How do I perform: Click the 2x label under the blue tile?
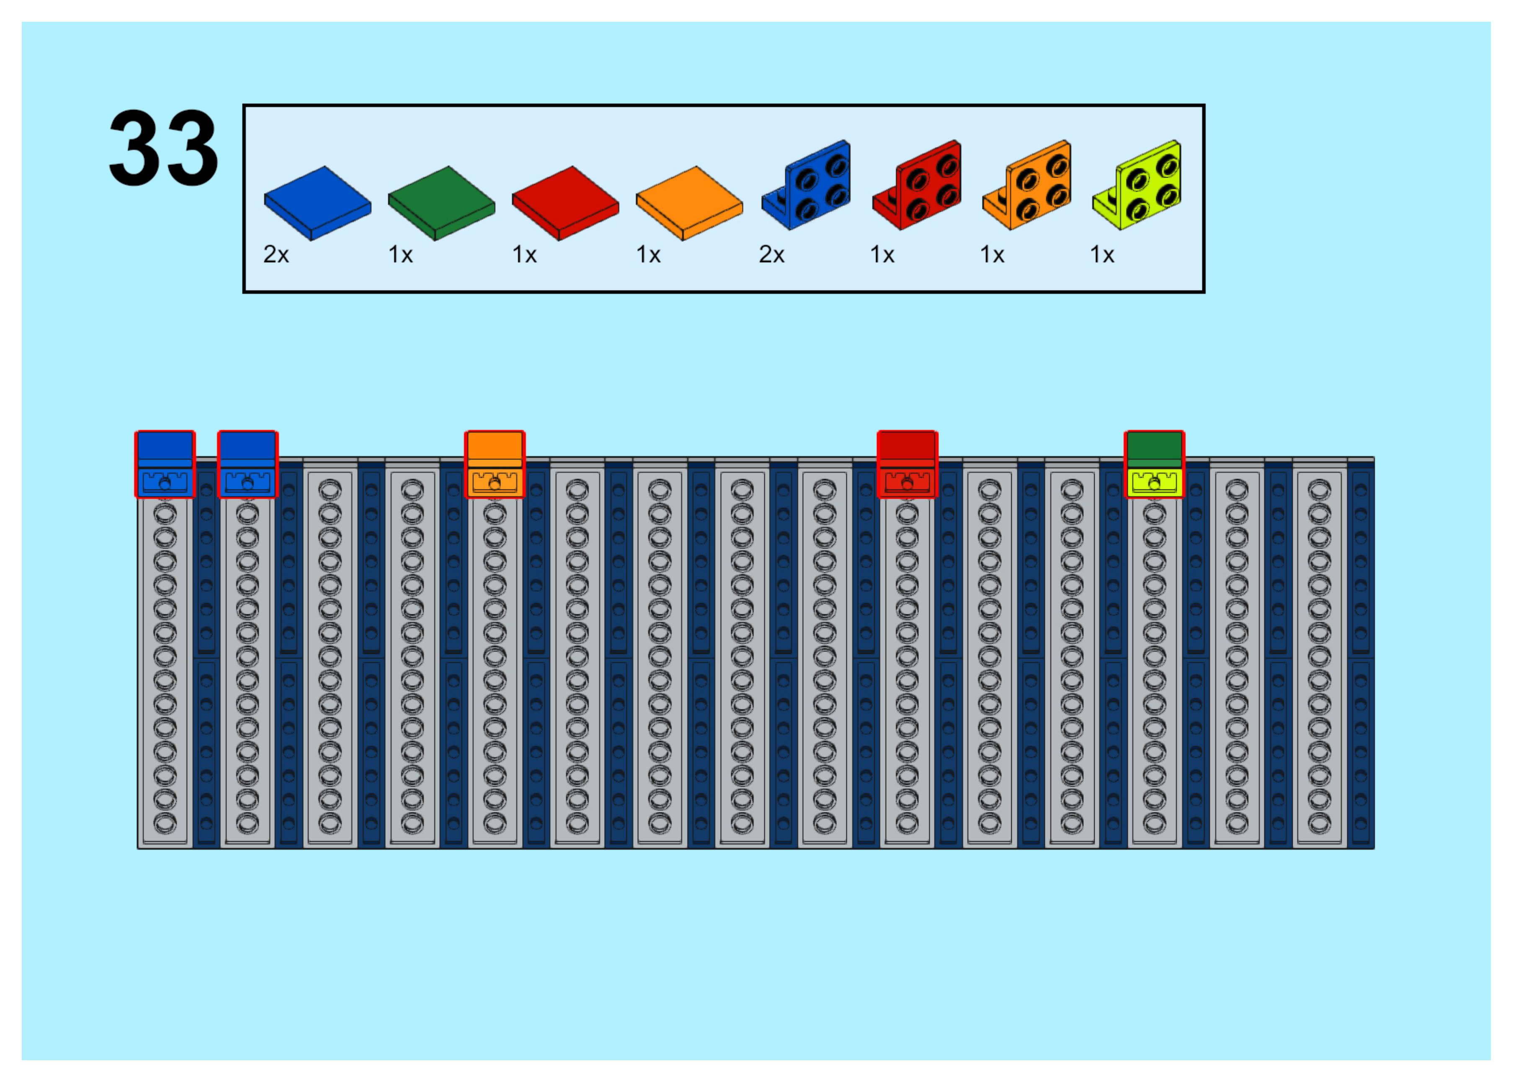[276, 255]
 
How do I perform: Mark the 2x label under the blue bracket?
[771, 255]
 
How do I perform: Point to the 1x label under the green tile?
[400, 255]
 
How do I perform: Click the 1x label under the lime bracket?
[1102, 255]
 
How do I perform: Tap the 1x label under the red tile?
[524, 255]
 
